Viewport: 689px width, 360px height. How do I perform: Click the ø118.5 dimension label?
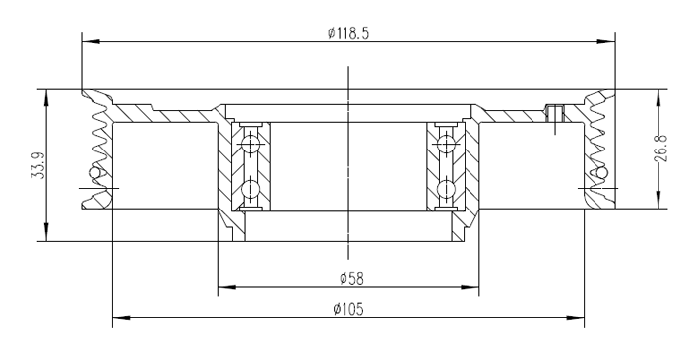348,32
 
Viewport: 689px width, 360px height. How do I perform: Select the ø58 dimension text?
352,278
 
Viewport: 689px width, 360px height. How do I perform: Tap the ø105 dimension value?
348,309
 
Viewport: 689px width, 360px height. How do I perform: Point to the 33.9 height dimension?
38,165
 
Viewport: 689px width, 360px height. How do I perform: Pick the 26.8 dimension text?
660,149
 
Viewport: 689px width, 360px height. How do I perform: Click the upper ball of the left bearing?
250,144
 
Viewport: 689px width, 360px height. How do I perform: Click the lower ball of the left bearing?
250,188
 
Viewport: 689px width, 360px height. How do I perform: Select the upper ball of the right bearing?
446,144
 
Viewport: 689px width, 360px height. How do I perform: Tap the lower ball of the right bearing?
446,188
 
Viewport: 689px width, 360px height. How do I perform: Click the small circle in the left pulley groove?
94,174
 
